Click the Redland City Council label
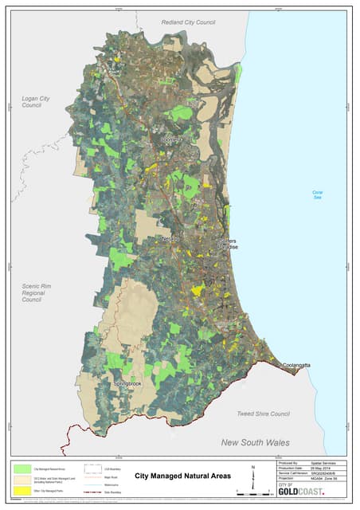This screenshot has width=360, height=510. pyautogui.click(x=189, y=22)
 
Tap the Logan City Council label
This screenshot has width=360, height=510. pyautogui.click(x=32, y=101)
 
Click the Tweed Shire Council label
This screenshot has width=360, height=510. pyautogui.click(x=264, y=414)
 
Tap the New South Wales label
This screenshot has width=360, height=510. pyautogui.click(x=255, y=442)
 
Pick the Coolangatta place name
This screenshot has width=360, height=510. pyautogui.click(x=299, y=365)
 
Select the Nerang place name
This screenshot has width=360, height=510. pyautogui.click(x=170, y=238)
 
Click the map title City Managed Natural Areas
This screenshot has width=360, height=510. pyautogui.click(x=183, y=476)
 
